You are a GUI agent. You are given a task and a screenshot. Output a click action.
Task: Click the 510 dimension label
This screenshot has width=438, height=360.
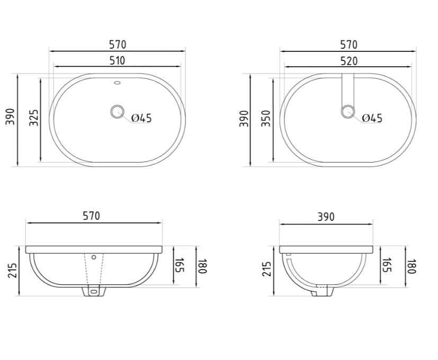click(x=118, y=60)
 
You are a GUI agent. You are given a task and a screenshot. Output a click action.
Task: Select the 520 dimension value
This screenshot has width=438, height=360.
click(x=349, y=61)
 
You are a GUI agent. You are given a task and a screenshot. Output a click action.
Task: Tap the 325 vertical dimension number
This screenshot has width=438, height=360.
click(x=34, y=118)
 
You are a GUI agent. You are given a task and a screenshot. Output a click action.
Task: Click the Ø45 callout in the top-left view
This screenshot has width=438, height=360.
click(x=141, y=118)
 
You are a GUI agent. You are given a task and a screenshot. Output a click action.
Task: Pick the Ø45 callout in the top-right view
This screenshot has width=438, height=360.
click(x=372, y=118)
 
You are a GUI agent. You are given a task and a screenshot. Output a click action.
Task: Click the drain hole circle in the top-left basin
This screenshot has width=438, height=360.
click(x=117, y=111)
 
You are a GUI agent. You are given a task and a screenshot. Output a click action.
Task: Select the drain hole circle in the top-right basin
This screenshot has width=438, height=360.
click(x=348, y=111)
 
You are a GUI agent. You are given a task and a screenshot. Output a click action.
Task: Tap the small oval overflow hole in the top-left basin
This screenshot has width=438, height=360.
click(x=118, y=83)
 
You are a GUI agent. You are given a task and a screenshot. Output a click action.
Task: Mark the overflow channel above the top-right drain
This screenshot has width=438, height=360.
click(x=348, y=89)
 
